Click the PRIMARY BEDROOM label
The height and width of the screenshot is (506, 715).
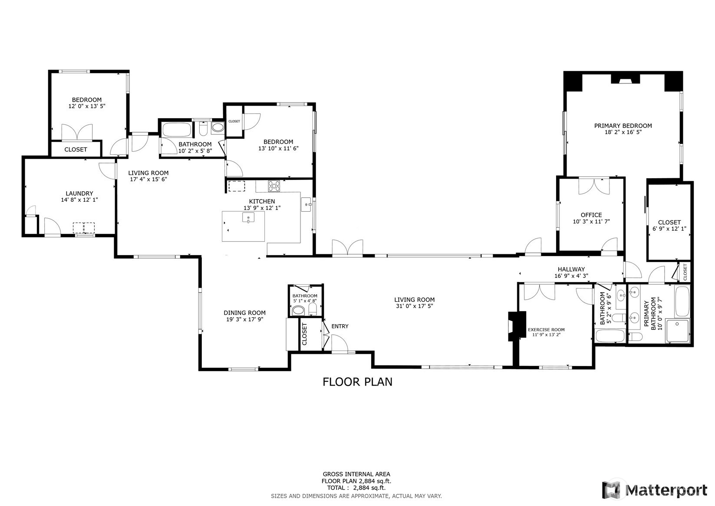[623, 126]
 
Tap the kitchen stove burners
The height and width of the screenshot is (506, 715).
[274, 186]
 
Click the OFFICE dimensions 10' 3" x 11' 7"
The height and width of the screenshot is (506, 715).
[591, 221]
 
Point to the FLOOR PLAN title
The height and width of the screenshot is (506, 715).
[357, 382]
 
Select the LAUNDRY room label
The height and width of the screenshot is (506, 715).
[79, 193]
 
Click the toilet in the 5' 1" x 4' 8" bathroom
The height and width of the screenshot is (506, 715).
[312, 310]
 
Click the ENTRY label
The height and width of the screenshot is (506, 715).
[339, 326]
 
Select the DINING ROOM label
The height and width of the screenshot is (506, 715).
[244, 313]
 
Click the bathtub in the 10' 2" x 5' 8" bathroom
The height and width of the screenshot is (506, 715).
[176, 130]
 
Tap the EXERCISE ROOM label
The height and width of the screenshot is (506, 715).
[546, 330]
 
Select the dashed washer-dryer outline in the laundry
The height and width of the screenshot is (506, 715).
[84, 228]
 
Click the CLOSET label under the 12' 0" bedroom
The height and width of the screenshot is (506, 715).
[76, 149]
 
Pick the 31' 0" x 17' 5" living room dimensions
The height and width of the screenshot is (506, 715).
[414, 306]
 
